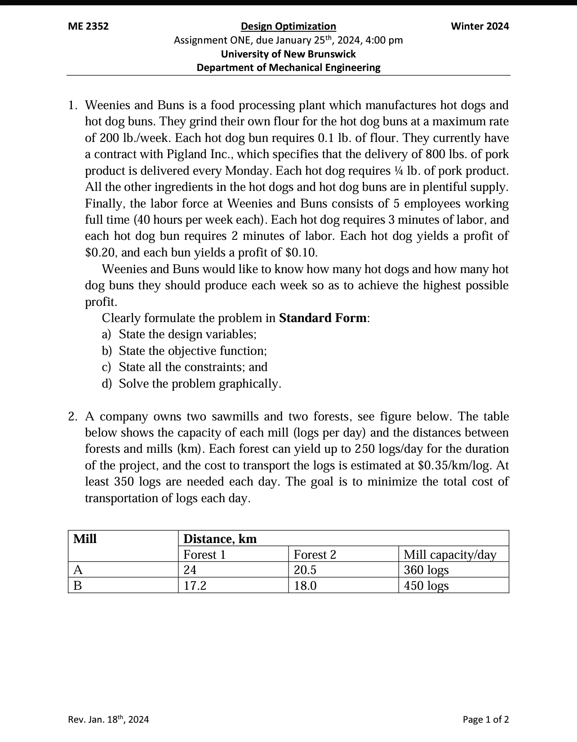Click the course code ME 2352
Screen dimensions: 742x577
tap(88, 26)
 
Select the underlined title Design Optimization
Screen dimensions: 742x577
tap(288, 26)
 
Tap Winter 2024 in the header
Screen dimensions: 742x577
tap(479, 26)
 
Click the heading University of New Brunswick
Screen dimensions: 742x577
tap(288, 54)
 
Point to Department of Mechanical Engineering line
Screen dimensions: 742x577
tap(288, 68)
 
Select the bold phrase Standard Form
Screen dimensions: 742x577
tap(323, 318)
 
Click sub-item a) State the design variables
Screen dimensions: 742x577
tap(187, 335)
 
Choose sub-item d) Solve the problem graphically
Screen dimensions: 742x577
tap(200, 384)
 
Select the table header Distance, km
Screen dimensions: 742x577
tap(220, 539)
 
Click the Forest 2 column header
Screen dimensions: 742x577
tap(315, 555)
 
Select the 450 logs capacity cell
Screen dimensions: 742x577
tap(426, 586)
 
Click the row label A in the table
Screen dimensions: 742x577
tap(78, 570)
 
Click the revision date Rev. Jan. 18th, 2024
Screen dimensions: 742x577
tap(108, 720)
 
